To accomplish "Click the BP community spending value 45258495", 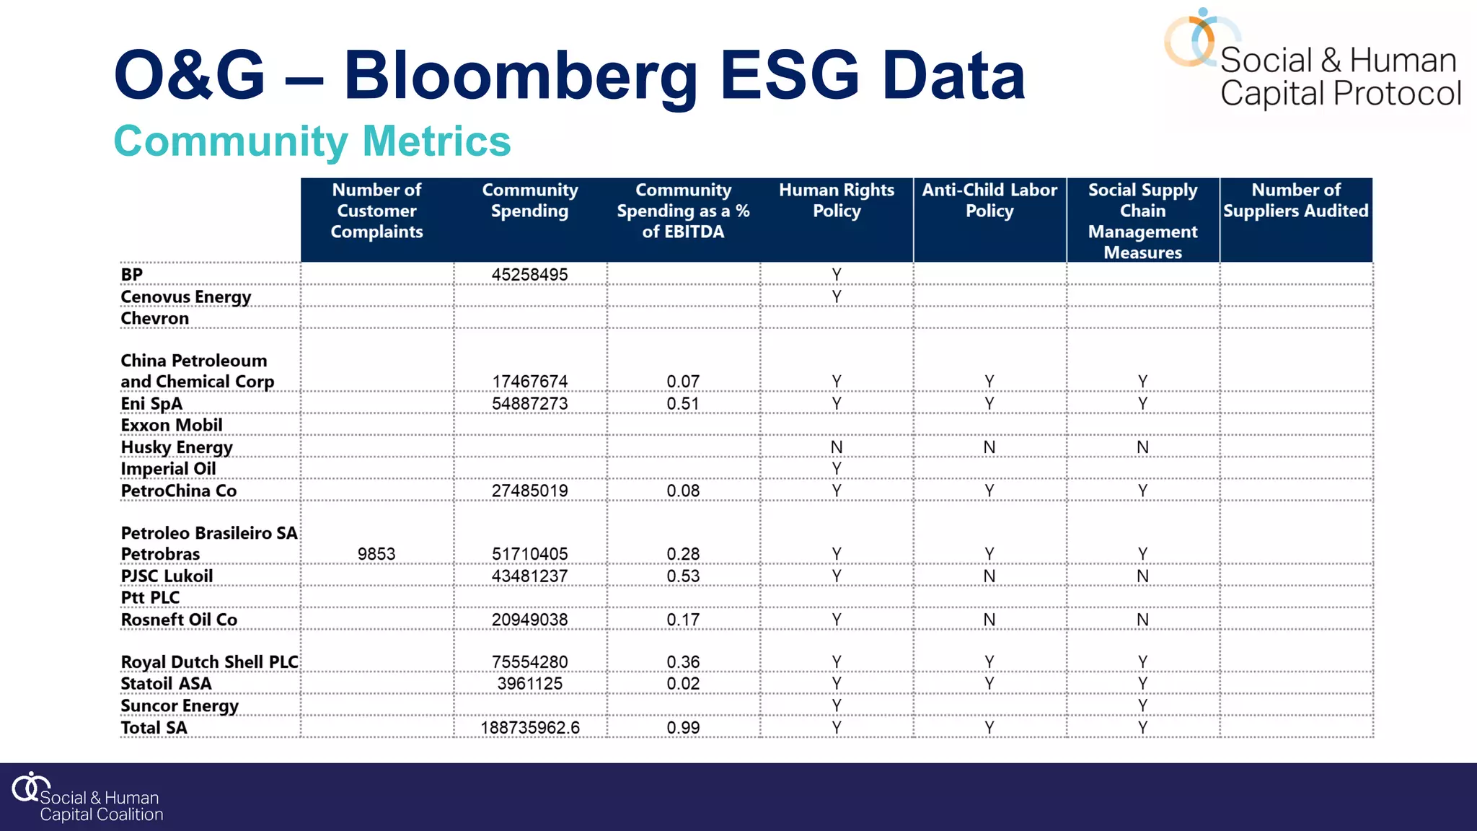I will tap(529, 275).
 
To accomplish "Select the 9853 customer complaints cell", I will tap(376, 554).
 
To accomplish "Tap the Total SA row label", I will tap(154, 728).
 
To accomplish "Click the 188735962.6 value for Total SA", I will tap(530, 728).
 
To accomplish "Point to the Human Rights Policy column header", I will tap(837, 201).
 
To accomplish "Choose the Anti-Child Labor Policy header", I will tap(989, 201).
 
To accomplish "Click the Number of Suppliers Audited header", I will tap(1296, 201).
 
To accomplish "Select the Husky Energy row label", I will tap(177, 447).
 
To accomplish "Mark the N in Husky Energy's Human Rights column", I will tap(837, 447).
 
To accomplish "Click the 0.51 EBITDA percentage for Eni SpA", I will tap(683, 404).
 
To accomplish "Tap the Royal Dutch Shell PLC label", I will tap(209, 662).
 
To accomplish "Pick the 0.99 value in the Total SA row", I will tap(683, 728).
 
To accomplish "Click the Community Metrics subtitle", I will tap(312, 141).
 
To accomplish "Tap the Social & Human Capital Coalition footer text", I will tap(101, 806).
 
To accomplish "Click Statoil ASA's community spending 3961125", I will tap(529, 684).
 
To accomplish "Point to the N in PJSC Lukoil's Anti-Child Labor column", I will tap(989, 576).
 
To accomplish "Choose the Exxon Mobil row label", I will tap(172, 426).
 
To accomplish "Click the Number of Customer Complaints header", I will tap(376, 211).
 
